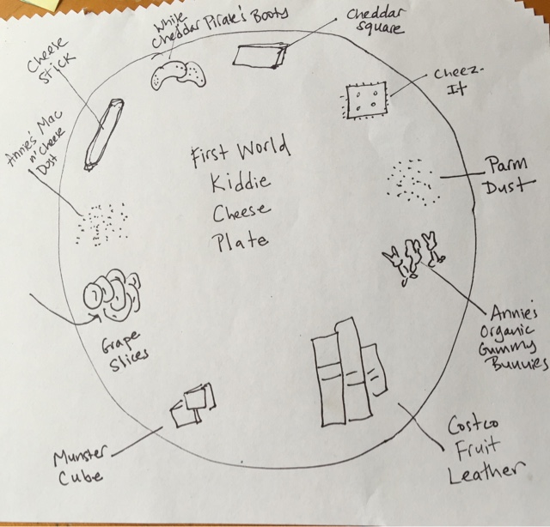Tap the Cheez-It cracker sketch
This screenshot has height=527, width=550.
coord(364,102)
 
